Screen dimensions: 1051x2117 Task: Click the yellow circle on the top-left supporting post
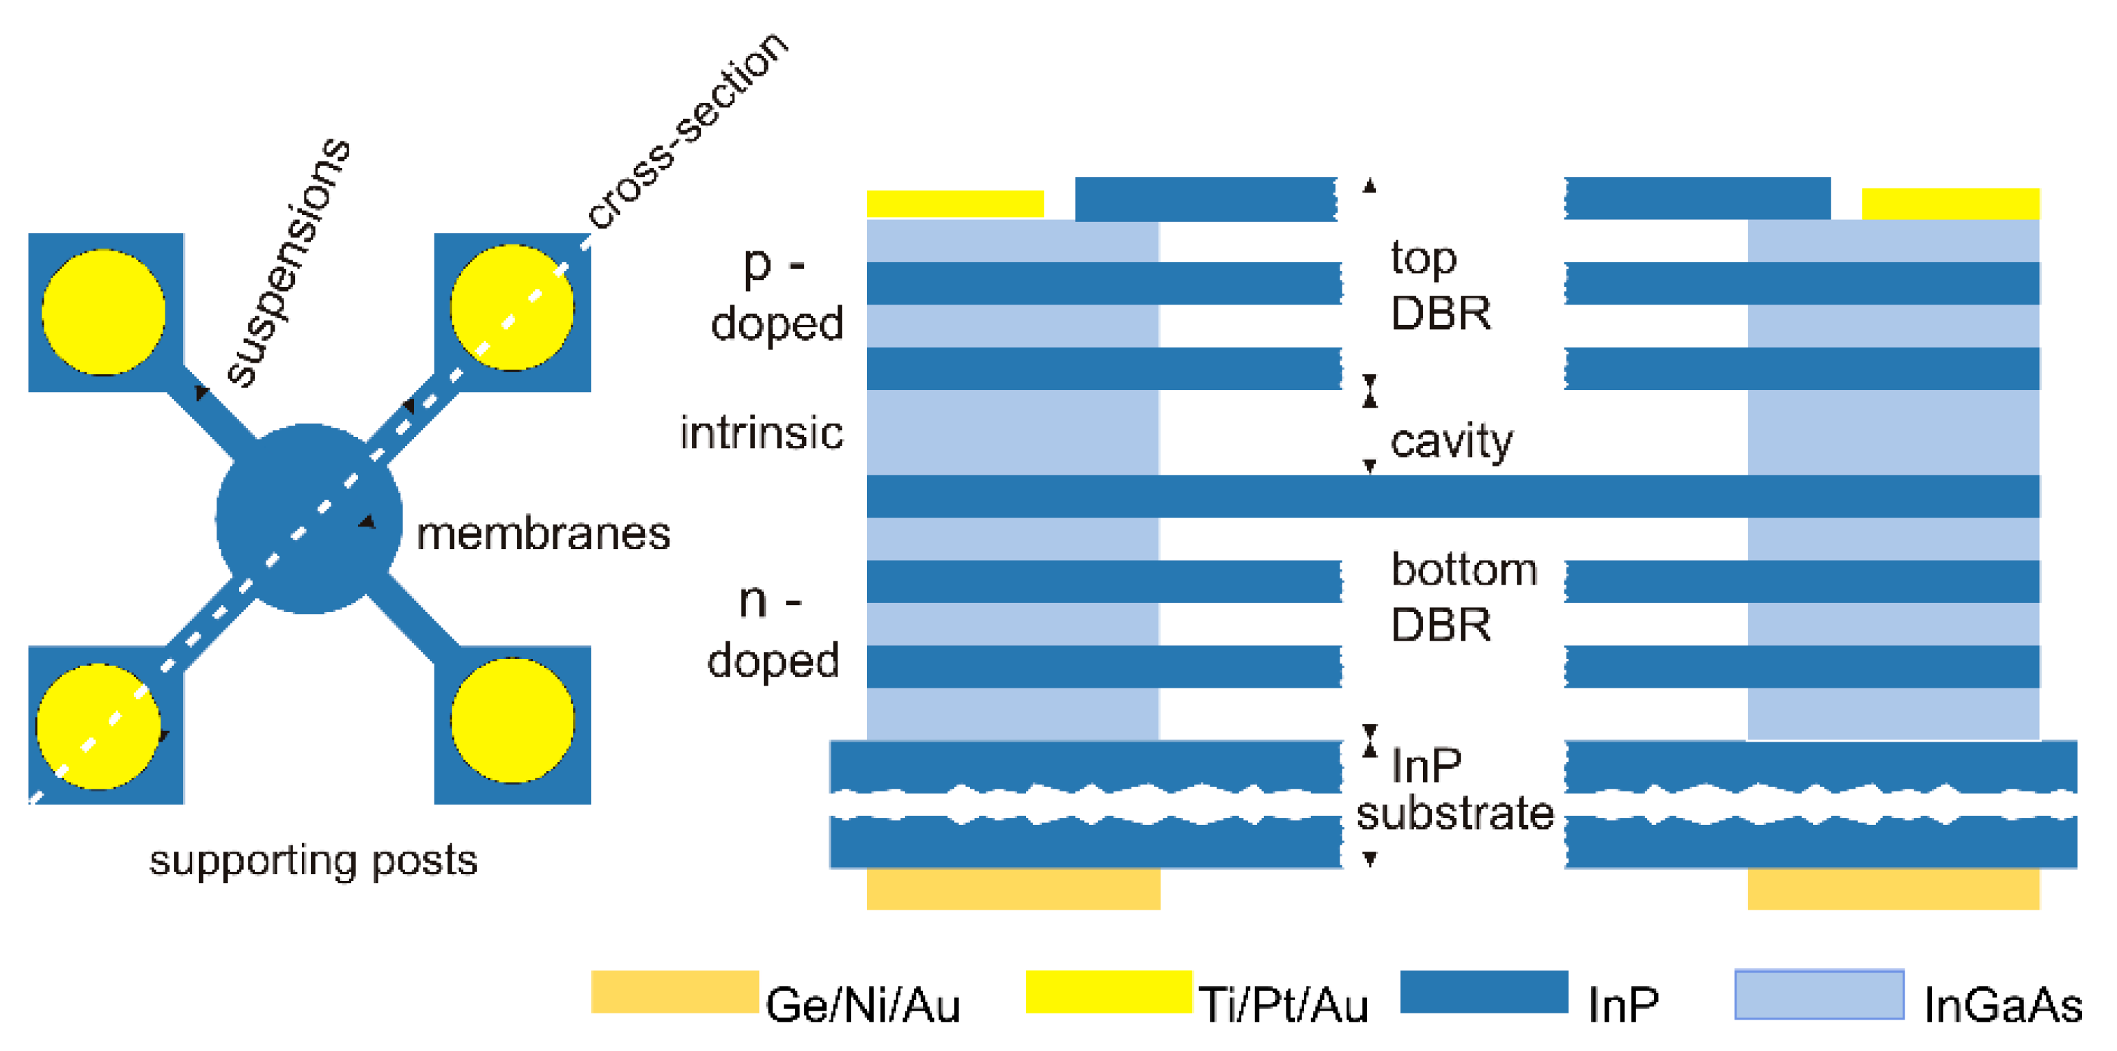[104, 312]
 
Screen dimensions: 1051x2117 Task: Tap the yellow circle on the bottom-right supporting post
[512, 720]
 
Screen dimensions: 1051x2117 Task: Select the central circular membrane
[308, 518]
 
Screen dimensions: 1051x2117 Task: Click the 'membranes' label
[543, 534]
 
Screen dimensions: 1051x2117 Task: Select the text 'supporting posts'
[312, 861]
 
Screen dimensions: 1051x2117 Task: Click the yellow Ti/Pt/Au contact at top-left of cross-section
[955, 203]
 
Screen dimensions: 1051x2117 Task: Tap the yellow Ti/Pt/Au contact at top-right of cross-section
[1950, 203]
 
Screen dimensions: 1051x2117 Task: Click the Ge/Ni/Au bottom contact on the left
[1013, 888]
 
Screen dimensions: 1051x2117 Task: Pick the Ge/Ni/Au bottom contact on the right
[1894, 888]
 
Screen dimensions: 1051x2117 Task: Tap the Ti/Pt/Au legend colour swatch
[1109, 992]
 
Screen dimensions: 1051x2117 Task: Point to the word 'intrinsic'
[762, 433]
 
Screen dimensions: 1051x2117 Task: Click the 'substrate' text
[1454, 813]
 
